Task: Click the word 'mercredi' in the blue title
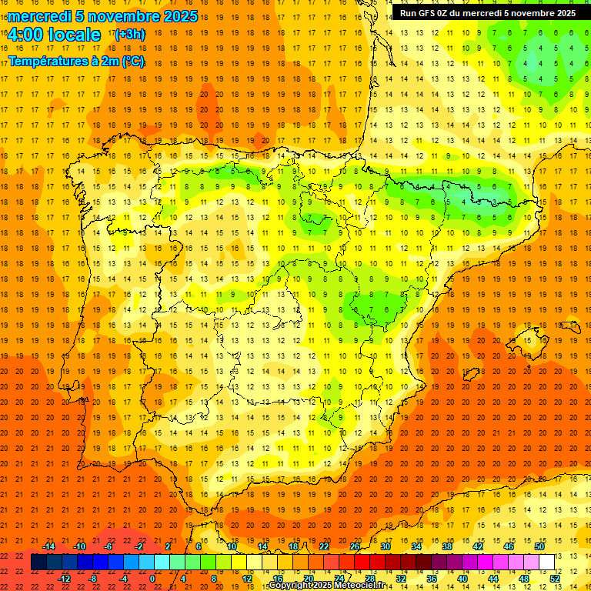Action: tap(39, 16)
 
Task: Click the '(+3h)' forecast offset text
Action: tap(129, 35)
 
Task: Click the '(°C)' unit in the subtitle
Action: tap(132, 61)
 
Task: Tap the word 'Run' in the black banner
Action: tap(408, 13)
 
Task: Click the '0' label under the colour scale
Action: tap(152, 579)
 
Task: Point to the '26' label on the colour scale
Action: tap(355, 546)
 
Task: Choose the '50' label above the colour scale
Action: tap(539, 546)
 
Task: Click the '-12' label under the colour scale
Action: tap(64, 579)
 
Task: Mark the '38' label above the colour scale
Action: tap(447, 546)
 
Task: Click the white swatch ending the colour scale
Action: tap(546, 563)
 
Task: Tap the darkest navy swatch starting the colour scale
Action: tap(38, 563)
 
